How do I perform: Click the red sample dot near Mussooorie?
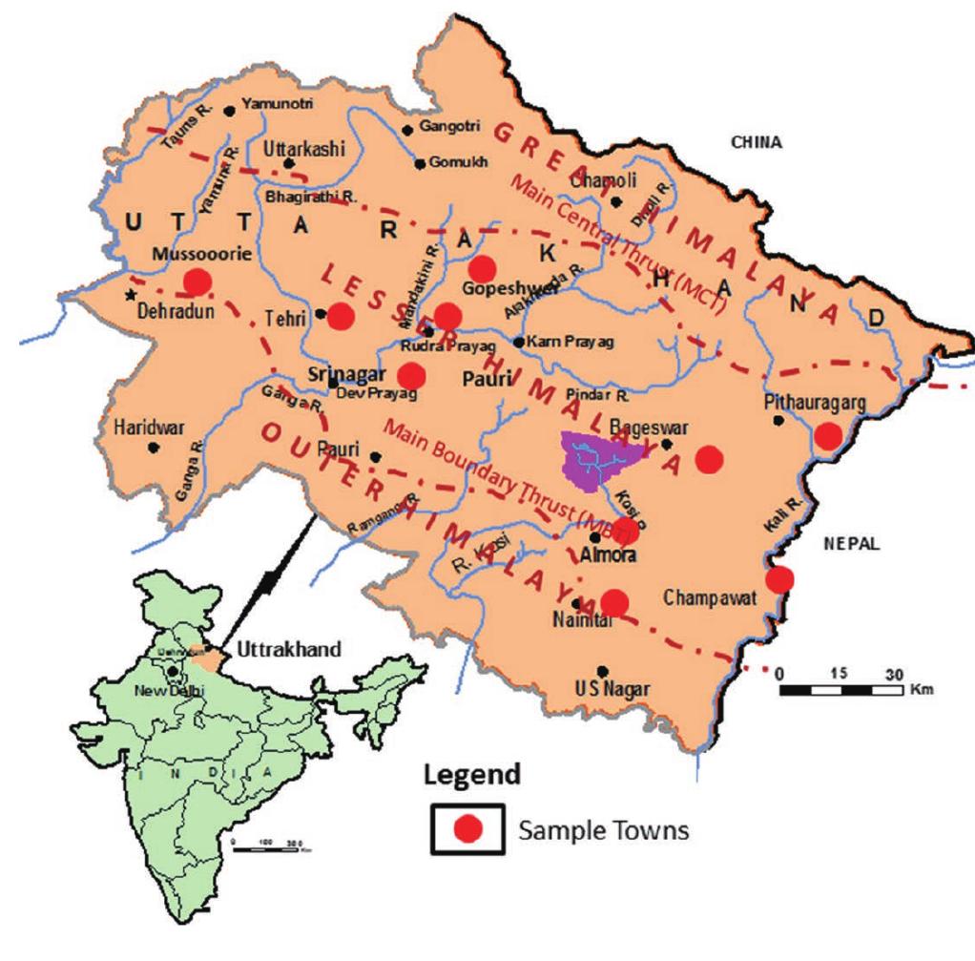pyautogui.click(x=197, y=282)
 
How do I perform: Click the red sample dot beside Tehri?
pyautogui.click(x=342, y=316)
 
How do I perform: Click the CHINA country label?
pyautogui.click(x=757, y=143)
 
